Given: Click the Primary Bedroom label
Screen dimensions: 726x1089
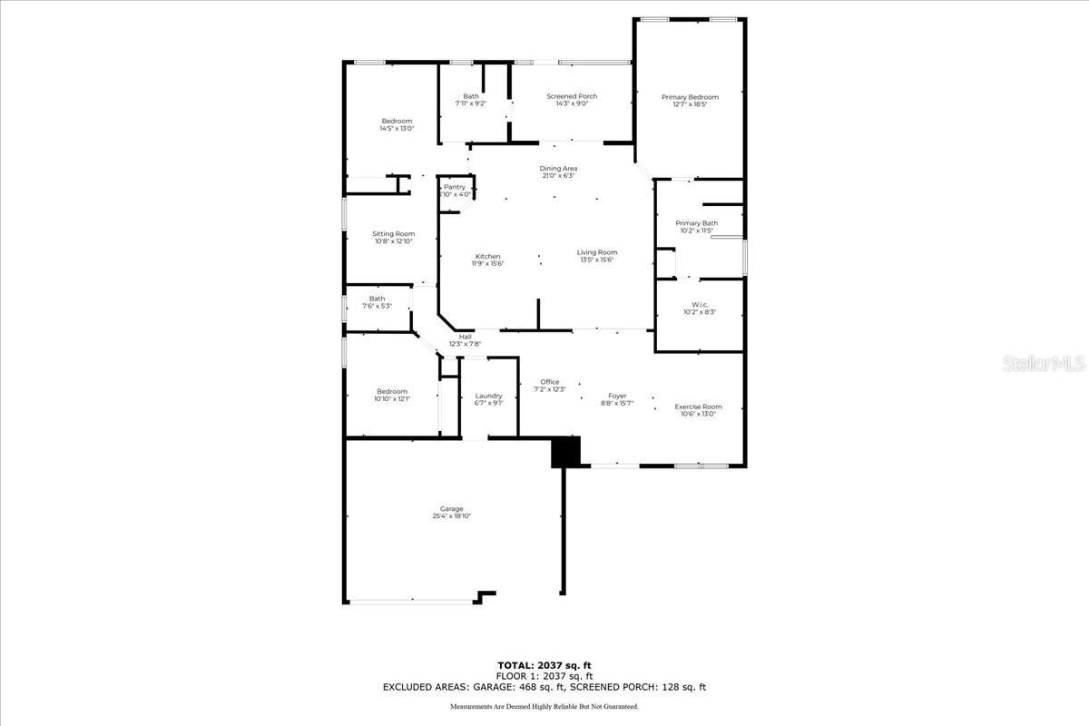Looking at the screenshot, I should pos(690,97).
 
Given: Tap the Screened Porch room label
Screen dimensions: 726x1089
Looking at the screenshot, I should pos(572,96).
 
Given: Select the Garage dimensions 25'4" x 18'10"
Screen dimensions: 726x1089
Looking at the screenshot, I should pos(451,516).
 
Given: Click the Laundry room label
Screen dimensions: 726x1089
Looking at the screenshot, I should pos(488,396).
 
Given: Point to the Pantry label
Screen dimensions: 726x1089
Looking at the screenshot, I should pos(455,187).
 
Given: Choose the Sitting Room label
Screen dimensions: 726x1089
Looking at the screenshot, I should pos(393,233).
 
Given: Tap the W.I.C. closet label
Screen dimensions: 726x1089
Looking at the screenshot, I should pos(699,304).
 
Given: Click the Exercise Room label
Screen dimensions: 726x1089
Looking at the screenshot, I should pos(698,407).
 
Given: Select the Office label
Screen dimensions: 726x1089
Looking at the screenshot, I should pos(550,381).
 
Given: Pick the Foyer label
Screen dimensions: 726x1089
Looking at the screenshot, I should pos(617,396).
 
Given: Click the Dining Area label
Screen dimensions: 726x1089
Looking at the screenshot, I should pos(558,168).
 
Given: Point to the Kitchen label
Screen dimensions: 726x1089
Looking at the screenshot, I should pos(487,256).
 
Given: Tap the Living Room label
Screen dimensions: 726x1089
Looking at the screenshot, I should pos(597,252).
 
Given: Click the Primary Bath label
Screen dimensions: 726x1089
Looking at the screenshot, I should pos(697,223).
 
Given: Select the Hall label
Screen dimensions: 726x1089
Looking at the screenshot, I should pos(465,337).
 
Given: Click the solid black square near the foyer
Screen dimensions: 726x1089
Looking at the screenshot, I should pos(565,452).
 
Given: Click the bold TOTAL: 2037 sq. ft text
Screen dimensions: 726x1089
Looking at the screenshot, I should pos(544,665).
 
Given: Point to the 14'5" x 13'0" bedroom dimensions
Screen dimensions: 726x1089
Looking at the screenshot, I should pos(397,129).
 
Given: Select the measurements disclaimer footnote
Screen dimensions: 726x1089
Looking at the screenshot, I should pos(544,706).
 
